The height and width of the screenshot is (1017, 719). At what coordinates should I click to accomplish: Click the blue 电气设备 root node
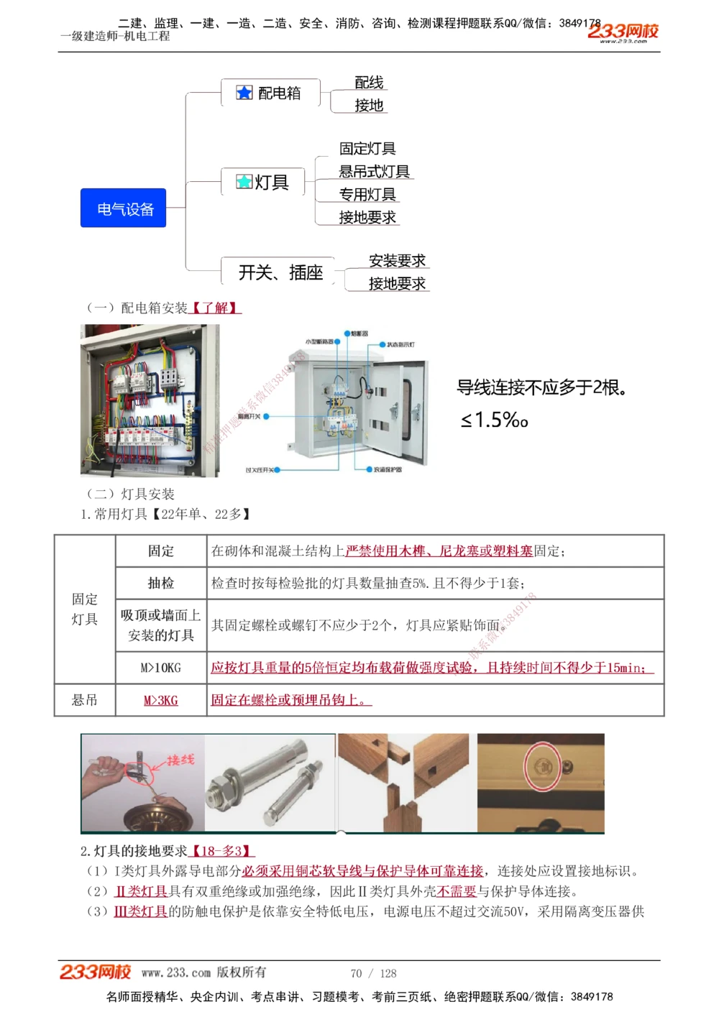coord(123,208)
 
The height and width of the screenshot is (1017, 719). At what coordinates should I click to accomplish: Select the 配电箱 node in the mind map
coord(270,93)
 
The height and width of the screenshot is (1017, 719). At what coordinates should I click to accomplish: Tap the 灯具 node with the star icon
coord(263,183)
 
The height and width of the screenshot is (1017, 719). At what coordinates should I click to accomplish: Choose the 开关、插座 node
coord(280,272)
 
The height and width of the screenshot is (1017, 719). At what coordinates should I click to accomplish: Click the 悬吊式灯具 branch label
coord(374,172)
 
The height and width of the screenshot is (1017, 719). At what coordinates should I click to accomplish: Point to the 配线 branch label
coord(369,83)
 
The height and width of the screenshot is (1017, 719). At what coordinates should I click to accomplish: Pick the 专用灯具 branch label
coord(367,195)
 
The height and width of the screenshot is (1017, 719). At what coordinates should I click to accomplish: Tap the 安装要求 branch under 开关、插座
coord(397,261)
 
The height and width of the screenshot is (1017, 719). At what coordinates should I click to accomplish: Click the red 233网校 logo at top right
coord(623,32)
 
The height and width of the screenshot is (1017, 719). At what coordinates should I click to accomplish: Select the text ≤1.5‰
coord(494,420)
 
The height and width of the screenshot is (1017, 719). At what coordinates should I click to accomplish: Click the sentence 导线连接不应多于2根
coord(541,388)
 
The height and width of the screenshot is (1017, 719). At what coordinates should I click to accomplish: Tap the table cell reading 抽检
coord(161,583)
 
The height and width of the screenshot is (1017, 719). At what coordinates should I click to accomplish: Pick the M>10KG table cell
coord(161,668)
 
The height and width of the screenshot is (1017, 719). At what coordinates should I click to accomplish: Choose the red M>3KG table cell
coord(161,700)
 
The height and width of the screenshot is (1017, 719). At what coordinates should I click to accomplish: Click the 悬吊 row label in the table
coord(85,700)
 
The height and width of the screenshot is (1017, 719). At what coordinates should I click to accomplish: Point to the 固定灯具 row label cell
coord(85,609)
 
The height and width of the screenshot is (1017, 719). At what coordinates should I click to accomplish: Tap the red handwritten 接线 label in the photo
coord(180,760)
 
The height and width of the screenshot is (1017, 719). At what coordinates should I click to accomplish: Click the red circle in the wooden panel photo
coord(544,766)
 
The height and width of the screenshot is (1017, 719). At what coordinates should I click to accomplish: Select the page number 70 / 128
coord(373,973)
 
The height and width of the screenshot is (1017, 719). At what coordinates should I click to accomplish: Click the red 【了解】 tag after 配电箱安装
coord(215,308)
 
